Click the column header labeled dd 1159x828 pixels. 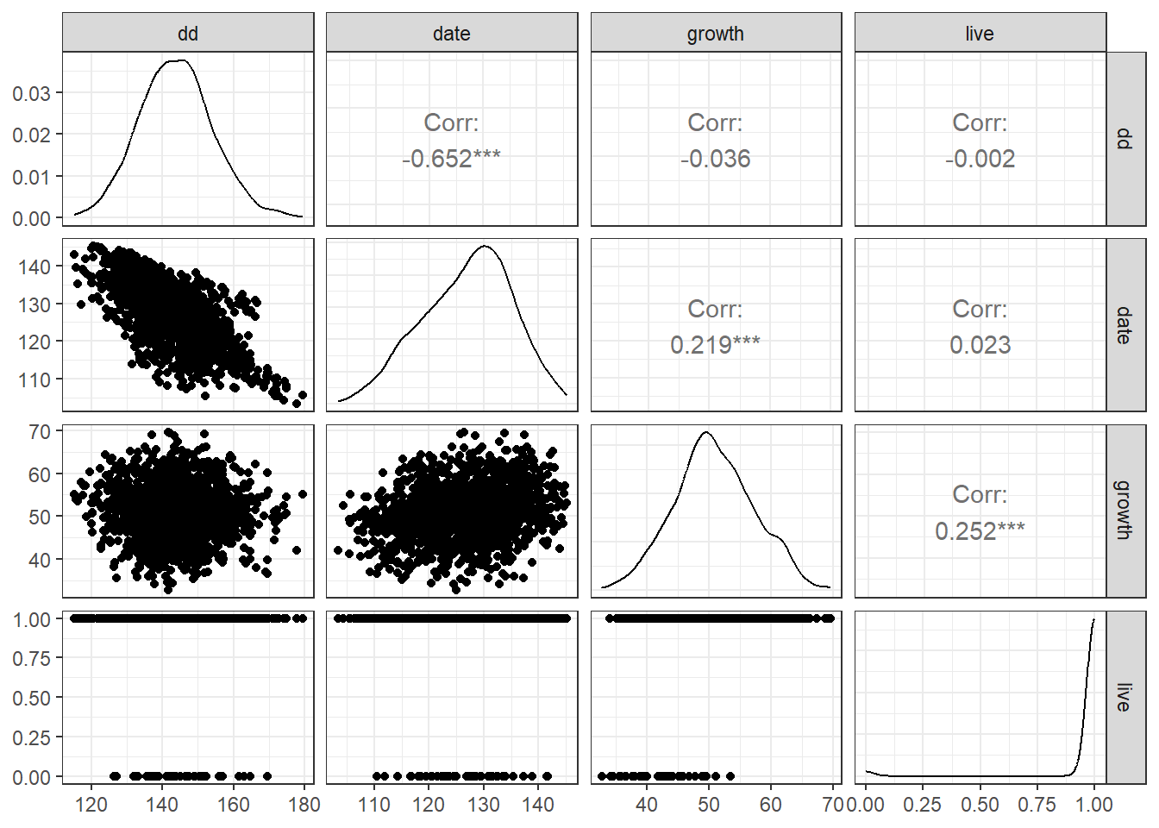pos(188,34)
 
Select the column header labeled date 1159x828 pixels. pos(452,34)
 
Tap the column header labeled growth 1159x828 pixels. pos(716,34)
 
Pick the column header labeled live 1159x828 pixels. pos(980,34)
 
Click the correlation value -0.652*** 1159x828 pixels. pos(451,159)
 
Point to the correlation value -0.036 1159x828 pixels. pos(716,159)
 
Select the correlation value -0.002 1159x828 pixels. pos(980,159)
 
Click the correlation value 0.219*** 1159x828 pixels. pos(716,345)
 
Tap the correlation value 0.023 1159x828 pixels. pos(980,345)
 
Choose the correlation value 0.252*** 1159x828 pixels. pos(980,531)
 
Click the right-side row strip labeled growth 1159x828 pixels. pos(1125,510)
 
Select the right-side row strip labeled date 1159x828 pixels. pos(1125,325)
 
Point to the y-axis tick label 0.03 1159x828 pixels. pos(31,93)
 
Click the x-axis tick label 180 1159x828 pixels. pos(304,805)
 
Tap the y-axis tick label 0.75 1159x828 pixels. pos(31,658)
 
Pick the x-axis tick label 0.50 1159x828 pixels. pos(980,805)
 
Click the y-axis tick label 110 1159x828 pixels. pos(34,379)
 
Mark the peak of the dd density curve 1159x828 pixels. pos(178,60)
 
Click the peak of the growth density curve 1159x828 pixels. pos(707,432)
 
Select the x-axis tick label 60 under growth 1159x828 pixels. pos(771,805)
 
